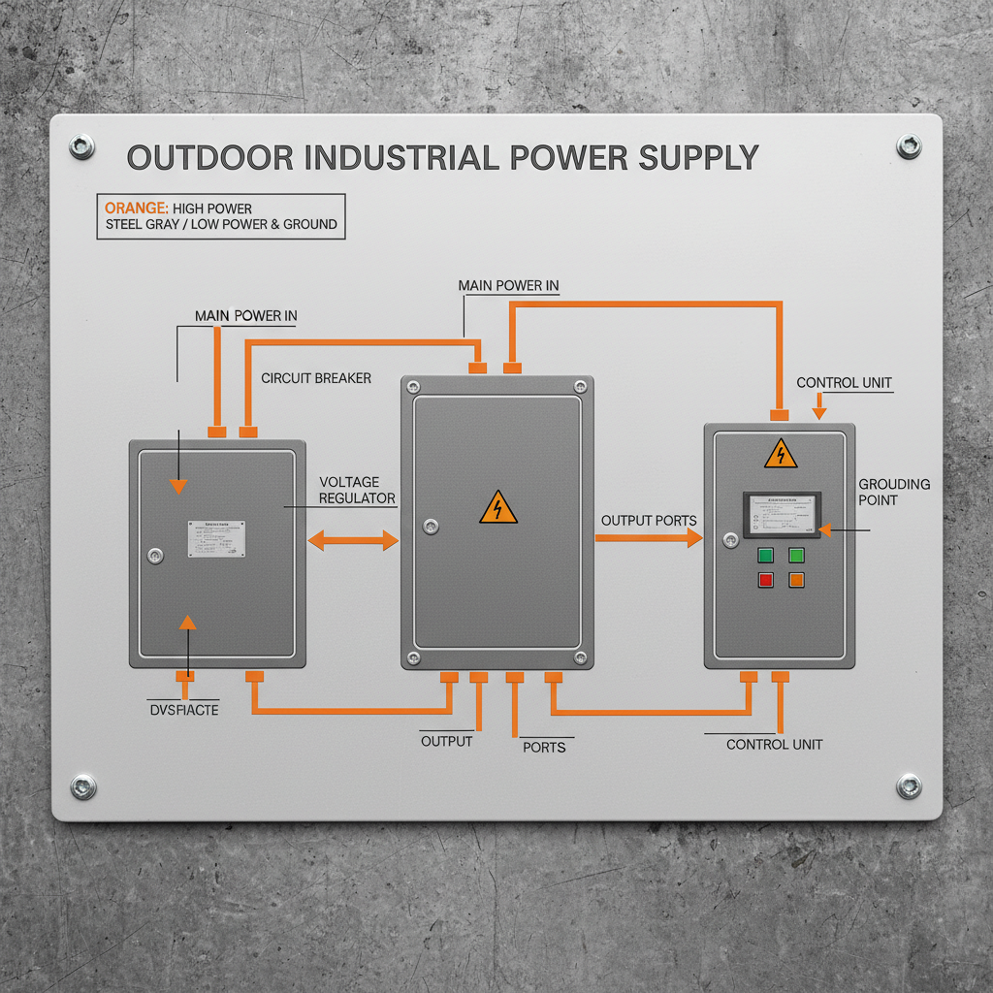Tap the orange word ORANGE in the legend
136,208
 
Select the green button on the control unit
765,556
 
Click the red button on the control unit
765,580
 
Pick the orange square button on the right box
796,580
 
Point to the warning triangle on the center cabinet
497,507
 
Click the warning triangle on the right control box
781,455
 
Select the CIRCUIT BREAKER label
316,378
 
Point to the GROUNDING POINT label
893,492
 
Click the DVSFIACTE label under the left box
184,711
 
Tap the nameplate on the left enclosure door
216,538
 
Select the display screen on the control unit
782,515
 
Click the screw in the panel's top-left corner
82,147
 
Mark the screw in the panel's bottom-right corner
909,785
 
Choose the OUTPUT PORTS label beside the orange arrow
648,521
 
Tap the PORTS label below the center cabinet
543,747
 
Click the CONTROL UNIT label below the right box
774,744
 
